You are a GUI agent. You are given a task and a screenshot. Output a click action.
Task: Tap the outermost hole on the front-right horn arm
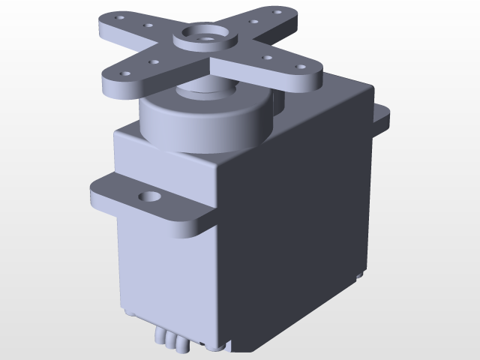coord(301,68)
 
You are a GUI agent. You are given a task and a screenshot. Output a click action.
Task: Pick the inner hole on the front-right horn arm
coord(266,57)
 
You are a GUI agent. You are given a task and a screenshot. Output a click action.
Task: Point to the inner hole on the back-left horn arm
coord(147,25)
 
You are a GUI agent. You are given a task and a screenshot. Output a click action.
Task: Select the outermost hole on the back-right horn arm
coord(277,13)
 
